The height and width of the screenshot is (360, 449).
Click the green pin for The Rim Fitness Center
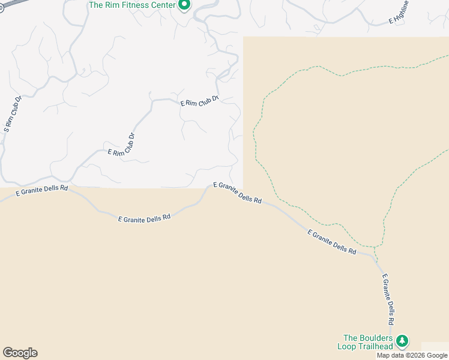point(185,5)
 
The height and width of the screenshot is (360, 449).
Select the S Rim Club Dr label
point(13,114)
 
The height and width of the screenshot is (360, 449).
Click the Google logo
point(20,353)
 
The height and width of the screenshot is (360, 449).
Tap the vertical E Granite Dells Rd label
point(390,300)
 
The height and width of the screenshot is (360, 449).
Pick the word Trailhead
point(376,346)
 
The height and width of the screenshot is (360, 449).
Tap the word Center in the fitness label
point(163,5)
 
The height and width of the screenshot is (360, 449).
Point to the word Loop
point(347,346)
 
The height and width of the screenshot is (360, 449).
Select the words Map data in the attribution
point(390,355)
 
